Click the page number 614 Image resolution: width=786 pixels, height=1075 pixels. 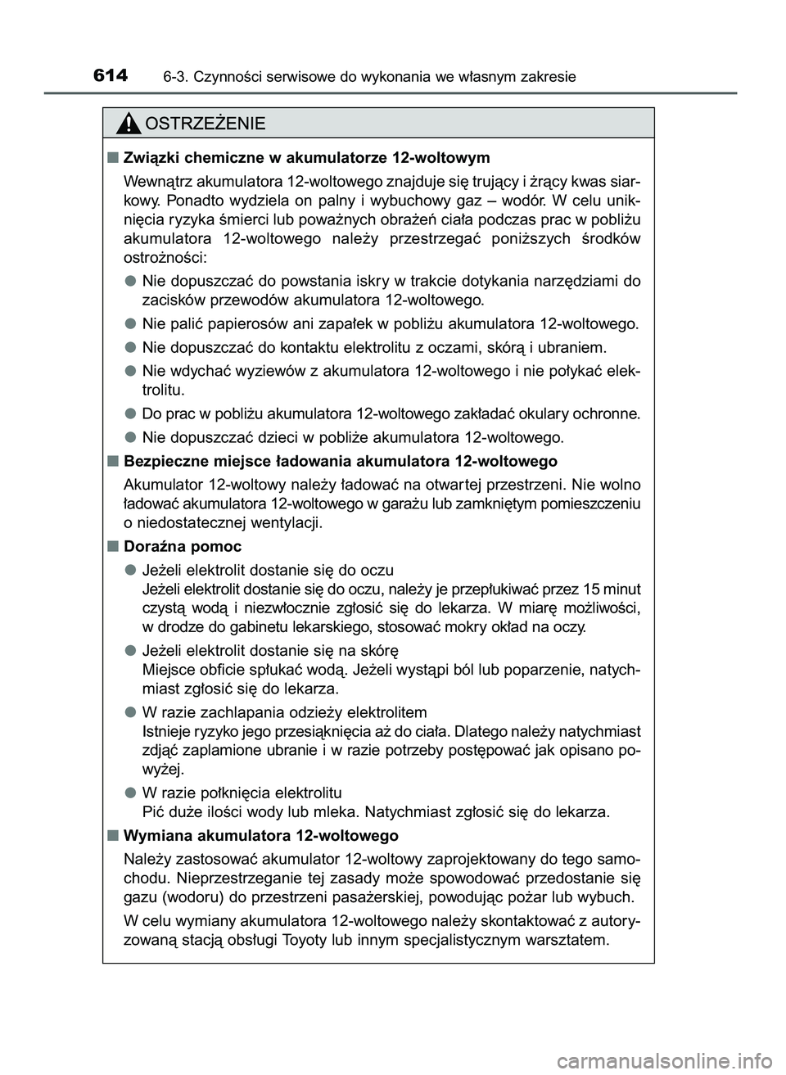111,76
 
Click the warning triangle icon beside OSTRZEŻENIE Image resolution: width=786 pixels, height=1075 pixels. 128,124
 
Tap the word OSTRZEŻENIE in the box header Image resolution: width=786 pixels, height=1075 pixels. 204,124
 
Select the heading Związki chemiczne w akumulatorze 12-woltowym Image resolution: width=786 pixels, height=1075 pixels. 306,157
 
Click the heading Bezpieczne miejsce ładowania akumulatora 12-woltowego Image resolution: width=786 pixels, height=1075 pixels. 340,461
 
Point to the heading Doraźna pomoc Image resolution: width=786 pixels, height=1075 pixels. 183,546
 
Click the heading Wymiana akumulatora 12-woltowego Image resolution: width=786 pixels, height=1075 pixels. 261,836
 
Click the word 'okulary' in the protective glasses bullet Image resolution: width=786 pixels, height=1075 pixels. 515,413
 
